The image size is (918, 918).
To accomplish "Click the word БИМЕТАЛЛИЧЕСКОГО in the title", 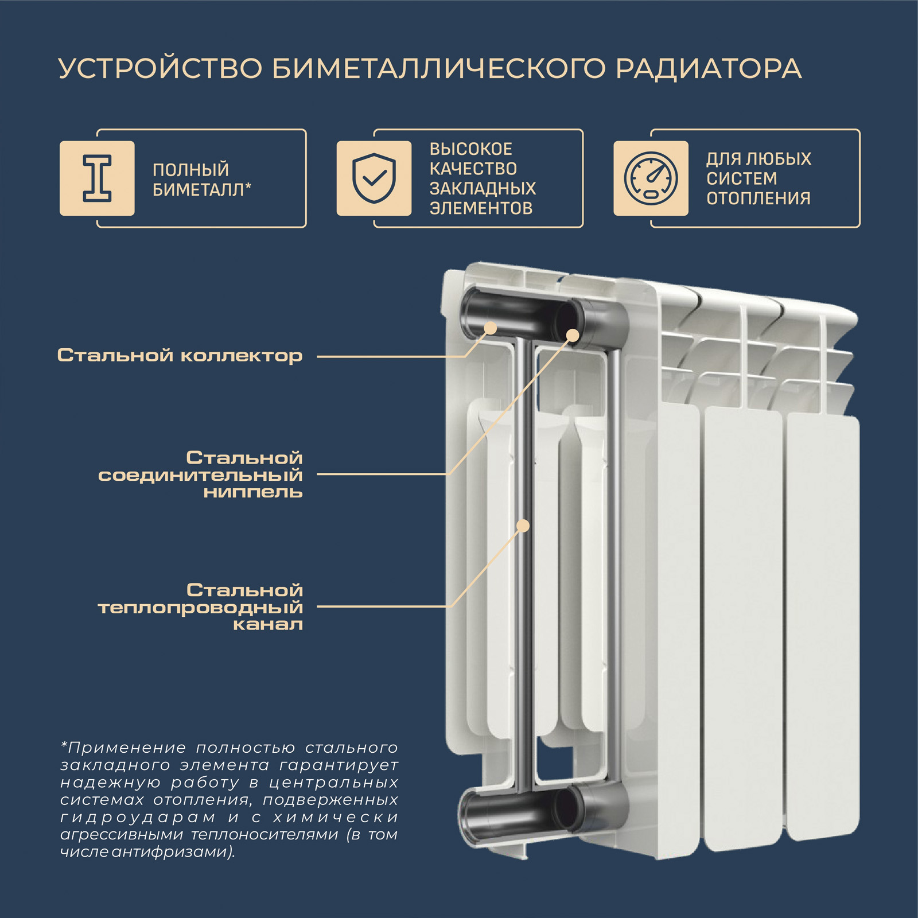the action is click(439, 69).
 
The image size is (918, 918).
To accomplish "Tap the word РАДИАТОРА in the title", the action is click(709, 69).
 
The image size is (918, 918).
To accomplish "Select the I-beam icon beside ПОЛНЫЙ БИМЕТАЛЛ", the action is click(98, 178).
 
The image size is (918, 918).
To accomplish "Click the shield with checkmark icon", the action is click(374, 178).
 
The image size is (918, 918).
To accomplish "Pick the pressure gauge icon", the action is click(651, 178).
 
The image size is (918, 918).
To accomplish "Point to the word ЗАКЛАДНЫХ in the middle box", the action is click(483, 188).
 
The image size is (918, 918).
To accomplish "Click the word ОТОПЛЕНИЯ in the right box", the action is click(758, 199).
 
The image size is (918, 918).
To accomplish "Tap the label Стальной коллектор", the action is click(180, 356).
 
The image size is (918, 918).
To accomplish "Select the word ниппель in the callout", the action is click(253, 492).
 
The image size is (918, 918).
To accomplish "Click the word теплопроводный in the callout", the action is click(200, 608).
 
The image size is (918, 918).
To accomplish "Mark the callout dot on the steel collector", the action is click(491, 328).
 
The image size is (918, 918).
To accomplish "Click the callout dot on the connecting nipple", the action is click(573, 335).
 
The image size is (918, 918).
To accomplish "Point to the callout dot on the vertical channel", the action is click(523, 525).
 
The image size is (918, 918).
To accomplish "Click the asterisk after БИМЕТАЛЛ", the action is click(248, 186).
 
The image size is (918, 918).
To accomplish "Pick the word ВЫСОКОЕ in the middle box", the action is click(471, 149).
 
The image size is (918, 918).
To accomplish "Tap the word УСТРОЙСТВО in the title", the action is click(160, 69).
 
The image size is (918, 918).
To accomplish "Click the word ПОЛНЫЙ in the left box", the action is click(190, 170).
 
